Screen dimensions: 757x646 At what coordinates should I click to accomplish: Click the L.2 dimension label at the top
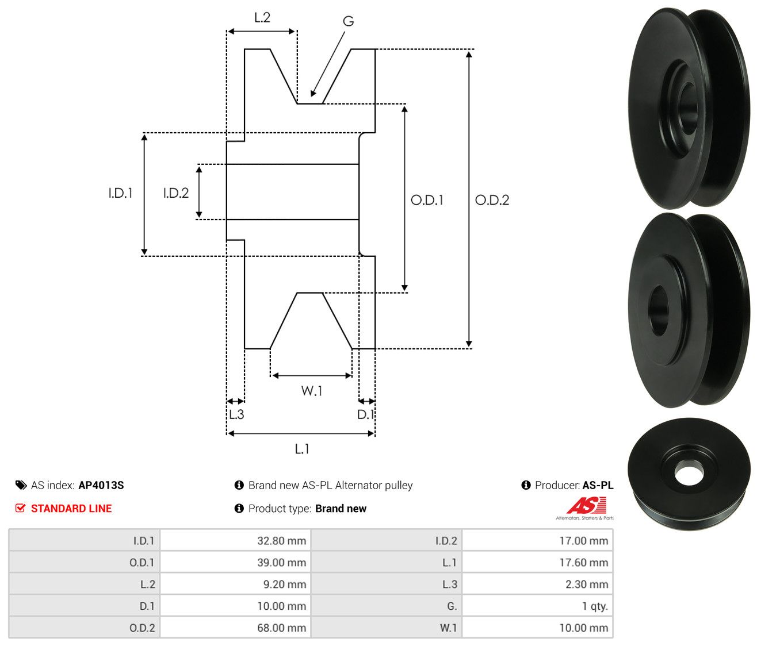[262, 18]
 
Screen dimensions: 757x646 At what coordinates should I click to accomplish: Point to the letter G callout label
[348, 21]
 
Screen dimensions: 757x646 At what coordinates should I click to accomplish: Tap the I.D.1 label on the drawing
[120, 193]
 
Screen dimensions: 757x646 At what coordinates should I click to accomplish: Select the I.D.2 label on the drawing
[176, 193]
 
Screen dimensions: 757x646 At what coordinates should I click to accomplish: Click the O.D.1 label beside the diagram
[427, 200]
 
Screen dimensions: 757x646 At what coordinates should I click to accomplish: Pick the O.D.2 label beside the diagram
[492, 200]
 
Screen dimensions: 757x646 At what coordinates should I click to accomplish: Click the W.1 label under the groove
[312, 391]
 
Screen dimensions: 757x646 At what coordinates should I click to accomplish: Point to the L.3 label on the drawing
[236, 414]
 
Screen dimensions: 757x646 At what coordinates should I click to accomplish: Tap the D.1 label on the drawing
[366, 414]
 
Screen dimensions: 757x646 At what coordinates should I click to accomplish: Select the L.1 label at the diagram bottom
[302, 449]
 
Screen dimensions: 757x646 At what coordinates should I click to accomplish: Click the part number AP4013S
[101, 485]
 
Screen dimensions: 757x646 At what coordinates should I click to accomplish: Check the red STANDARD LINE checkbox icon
[21, 508]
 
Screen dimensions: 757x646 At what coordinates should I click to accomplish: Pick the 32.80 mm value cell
[235, 540]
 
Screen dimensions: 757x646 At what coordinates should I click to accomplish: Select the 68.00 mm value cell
[235, 628]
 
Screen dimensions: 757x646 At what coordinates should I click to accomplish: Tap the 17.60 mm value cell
[538, 562]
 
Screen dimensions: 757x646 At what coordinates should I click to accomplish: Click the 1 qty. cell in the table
[538, 606]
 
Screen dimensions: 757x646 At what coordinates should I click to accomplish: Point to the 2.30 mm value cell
[538, 584]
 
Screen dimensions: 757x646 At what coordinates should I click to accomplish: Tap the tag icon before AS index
[21, 485]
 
